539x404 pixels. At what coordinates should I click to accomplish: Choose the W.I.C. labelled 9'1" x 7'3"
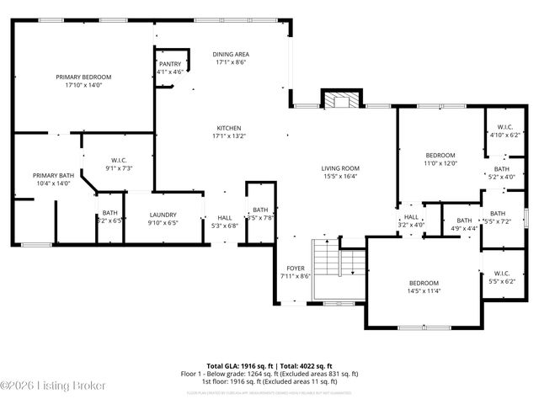(119, 163)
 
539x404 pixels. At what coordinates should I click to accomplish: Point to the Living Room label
(340, 172)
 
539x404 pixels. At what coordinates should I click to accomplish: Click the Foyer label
(295, 271)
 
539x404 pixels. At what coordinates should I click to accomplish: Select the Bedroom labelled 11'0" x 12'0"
(440, 159)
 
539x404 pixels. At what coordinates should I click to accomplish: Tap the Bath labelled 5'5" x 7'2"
(498, 217)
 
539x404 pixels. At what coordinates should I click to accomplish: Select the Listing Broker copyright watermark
(53, 385)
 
